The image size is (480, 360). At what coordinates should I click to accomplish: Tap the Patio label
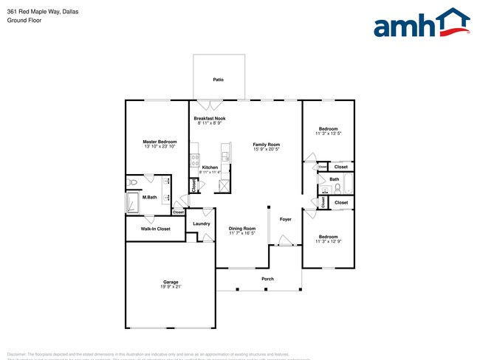(x=218, y=79)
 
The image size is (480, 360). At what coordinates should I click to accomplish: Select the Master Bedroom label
(x=160, y=141)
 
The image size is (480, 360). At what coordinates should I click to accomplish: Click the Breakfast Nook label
(x=210, y=118)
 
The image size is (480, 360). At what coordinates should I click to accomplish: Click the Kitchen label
(x=210, y=167)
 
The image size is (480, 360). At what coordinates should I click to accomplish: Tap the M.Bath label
(x=149, y=197)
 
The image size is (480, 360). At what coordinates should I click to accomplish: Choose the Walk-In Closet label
(x=155, y=229)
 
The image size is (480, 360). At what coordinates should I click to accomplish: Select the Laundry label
(x=202, y=224)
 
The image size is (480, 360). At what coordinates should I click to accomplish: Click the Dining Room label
(x=241, y=229)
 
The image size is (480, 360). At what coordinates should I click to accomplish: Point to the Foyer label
(x=285, y=219)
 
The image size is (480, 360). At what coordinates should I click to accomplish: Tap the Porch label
(x=267, y=278)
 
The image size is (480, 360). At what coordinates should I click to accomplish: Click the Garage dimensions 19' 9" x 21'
(x=171, y=286)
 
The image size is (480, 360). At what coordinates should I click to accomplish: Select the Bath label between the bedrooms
(x=335, y=179)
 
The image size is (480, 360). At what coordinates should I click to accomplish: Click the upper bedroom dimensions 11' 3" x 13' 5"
(x=328, y=134)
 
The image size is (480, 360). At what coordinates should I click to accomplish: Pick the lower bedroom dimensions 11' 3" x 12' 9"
(x=328, y=242)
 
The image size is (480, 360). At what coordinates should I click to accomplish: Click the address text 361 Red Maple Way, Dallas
(x=42, y=11)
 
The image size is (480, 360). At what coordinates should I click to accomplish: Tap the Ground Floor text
(x=24, y=21)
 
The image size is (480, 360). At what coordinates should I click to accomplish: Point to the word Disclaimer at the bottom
(x=21, y=354)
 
